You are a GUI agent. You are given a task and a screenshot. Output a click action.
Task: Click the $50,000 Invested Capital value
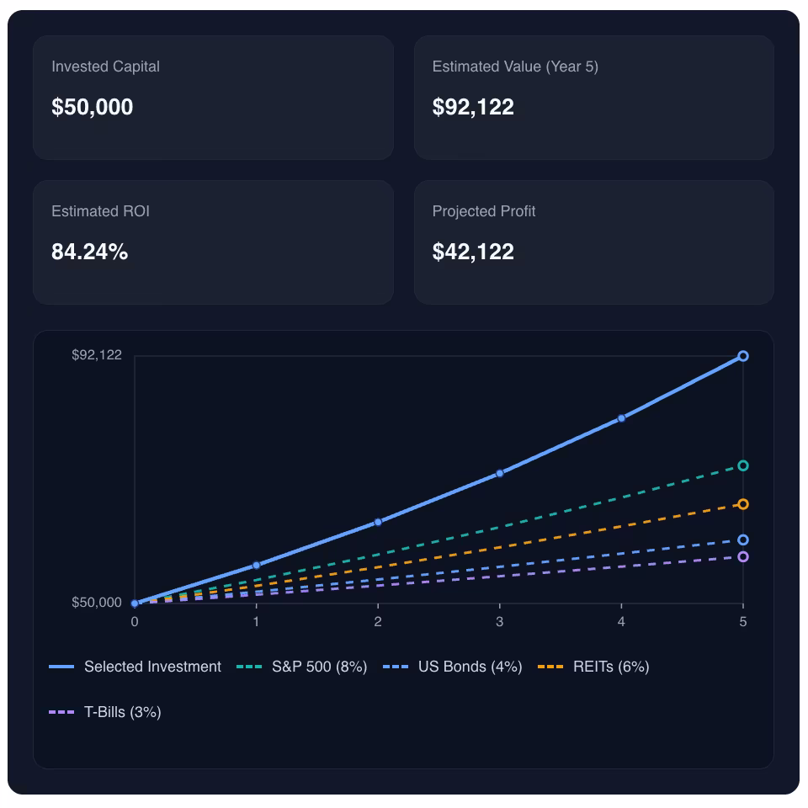[x=93, y=107]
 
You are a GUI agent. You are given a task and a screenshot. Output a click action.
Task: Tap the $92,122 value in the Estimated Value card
[x=473, y=107]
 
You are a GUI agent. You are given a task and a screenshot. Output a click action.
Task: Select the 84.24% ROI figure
[x=90, y=252]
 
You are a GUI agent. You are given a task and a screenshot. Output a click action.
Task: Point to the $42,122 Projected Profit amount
[x=473, y=252]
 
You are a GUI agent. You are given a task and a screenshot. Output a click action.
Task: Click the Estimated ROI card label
[x=100, y=211]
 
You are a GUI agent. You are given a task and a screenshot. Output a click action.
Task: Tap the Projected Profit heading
[x=484, y=211]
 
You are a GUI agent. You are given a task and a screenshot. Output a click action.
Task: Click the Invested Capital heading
[x=105, y=66]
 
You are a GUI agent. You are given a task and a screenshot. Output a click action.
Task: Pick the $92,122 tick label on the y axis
[x=97, y=355]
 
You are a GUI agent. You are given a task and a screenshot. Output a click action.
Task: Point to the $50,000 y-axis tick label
[x=97, y=603]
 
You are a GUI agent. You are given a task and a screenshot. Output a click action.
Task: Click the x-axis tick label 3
[x=500, y=622]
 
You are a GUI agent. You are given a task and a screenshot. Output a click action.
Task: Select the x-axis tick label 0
[x=135, y=622]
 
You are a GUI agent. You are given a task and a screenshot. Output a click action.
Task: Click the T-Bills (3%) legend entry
[x=106, y=712]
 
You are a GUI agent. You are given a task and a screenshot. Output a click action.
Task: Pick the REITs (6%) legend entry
[x=595, y=667]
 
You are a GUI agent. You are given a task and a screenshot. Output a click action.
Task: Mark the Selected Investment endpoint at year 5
[x=743, y=356]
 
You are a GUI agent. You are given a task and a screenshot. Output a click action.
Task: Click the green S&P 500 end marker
[x=743, y=465]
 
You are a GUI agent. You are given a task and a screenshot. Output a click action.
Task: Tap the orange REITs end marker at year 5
[x=743, y=504]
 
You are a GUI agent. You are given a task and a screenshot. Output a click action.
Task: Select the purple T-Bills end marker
[x=743, y=556]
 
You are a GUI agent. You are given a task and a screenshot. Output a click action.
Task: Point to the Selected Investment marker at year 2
[x=378, y=522]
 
